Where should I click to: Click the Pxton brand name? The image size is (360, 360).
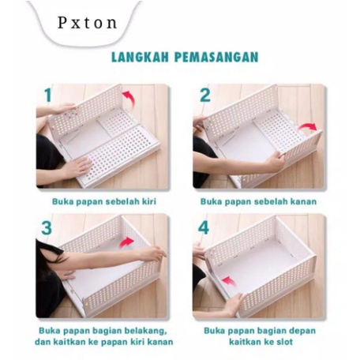[87, 23]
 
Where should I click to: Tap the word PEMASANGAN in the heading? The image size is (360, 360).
[216, 57]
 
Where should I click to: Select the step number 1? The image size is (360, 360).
[47, 95]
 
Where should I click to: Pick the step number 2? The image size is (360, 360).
[205, 95]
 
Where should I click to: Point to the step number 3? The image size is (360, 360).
[47, 228]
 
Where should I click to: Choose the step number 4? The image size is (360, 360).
[204, 227]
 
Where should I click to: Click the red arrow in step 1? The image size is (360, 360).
[129, 97]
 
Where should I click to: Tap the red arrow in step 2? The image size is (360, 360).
[308, 127]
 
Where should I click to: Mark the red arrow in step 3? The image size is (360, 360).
[126, 242]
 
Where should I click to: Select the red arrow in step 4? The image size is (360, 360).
[229, 282]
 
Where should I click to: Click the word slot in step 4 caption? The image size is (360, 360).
[285, 342]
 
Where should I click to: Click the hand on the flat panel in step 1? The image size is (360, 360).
[77, 167]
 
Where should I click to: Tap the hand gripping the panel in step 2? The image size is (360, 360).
[274, 161]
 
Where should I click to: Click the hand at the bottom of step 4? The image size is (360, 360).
[235, 305]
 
